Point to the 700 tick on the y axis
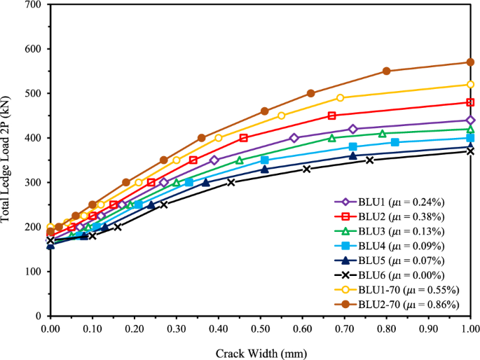click(x=33, y=5)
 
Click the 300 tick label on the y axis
click(x=33, y=183)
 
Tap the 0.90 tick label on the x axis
click(x=428, y=327)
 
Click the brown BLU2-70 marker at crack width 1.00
click(x=470, y=62)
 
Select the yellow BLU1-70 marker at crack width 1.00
click(x=470, y=85)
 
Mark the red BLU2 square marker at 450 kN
click(x=331, y=116)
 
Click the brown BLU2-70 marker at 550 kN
click(x=386, y=71)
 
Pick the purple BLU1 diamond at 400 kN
click(x=294, y=138)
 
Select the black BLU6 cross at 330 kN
click(x=306, y=169)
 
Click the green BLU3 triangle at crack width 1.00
click(x=470, y=129)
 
